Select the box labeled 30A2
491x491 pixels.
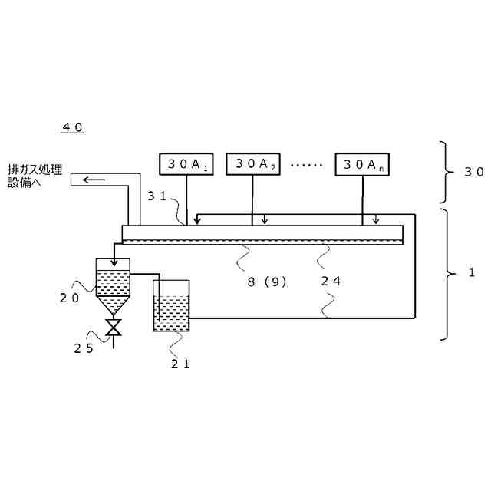tap(253, 164)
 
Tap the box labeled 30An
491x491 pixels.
tap(361, 164)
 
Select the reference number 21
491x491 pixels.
tap(181, 364)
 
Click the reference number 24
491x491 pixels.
tap(331, 281)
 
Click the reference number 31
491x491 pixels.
tap(157, 196)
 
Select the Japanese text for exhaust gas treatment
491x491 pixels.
tap(35, 176)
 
